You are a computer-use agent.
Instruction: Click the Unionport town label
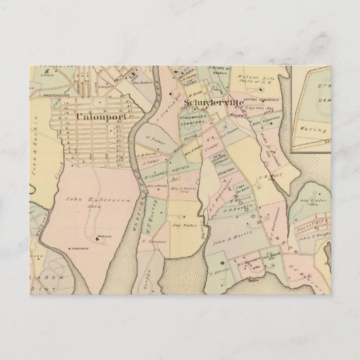click(x=100, y=117)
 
